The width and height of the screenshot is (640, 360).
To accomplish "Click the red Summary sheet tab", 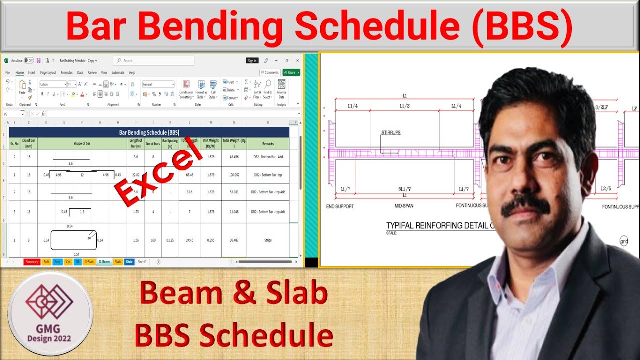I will click(x=31, y=262).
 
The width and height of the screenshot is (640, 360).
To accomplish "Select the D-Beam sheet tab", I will click(x=104, y=262).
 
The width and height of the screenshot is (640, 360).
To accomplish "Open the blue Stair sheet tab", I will click(x=129, y=262).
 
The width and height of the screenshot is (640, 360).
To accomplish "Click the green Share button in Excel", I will click(x=291, y=73).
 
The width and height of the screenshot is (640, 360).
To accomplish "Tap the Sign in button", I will click(x=252, y=61).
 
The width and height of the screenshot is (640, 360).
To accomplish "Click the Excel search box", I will click(x=153, y=61).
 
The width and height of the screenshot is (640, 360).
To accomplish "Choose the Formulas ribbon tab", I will click(x=66, y=73).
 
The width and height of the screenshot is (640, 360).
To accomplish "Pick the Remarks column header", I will click(x=268, y=144).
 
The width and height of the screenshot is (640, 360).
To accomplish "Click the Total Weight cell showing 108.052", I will click(x=234, y=175).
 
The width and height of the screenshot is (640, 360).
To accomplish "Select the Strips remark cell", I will click(x=268, y=240).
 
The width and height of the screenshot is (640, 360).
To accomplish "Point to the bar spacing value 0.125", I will click(x=170, y=240).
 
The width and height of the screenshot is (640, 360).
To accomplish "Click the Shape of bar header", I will click(x=82, y=144).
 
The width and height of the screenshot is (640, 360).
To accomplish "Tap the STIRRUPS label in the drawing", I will click(x=391, y=133).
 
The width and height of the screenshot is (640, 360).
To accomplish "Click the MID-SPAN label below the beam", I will click(x=404, y=206).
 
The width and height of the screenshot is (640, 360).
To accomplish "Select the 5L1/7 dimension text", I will click(x=404, y=189).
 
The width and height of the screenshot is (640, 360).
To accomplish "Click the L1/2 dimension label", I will click(x=404, y=106).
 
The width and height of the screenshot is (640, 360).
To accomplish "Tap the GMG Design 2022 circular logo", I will click(x=50, y=314).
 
